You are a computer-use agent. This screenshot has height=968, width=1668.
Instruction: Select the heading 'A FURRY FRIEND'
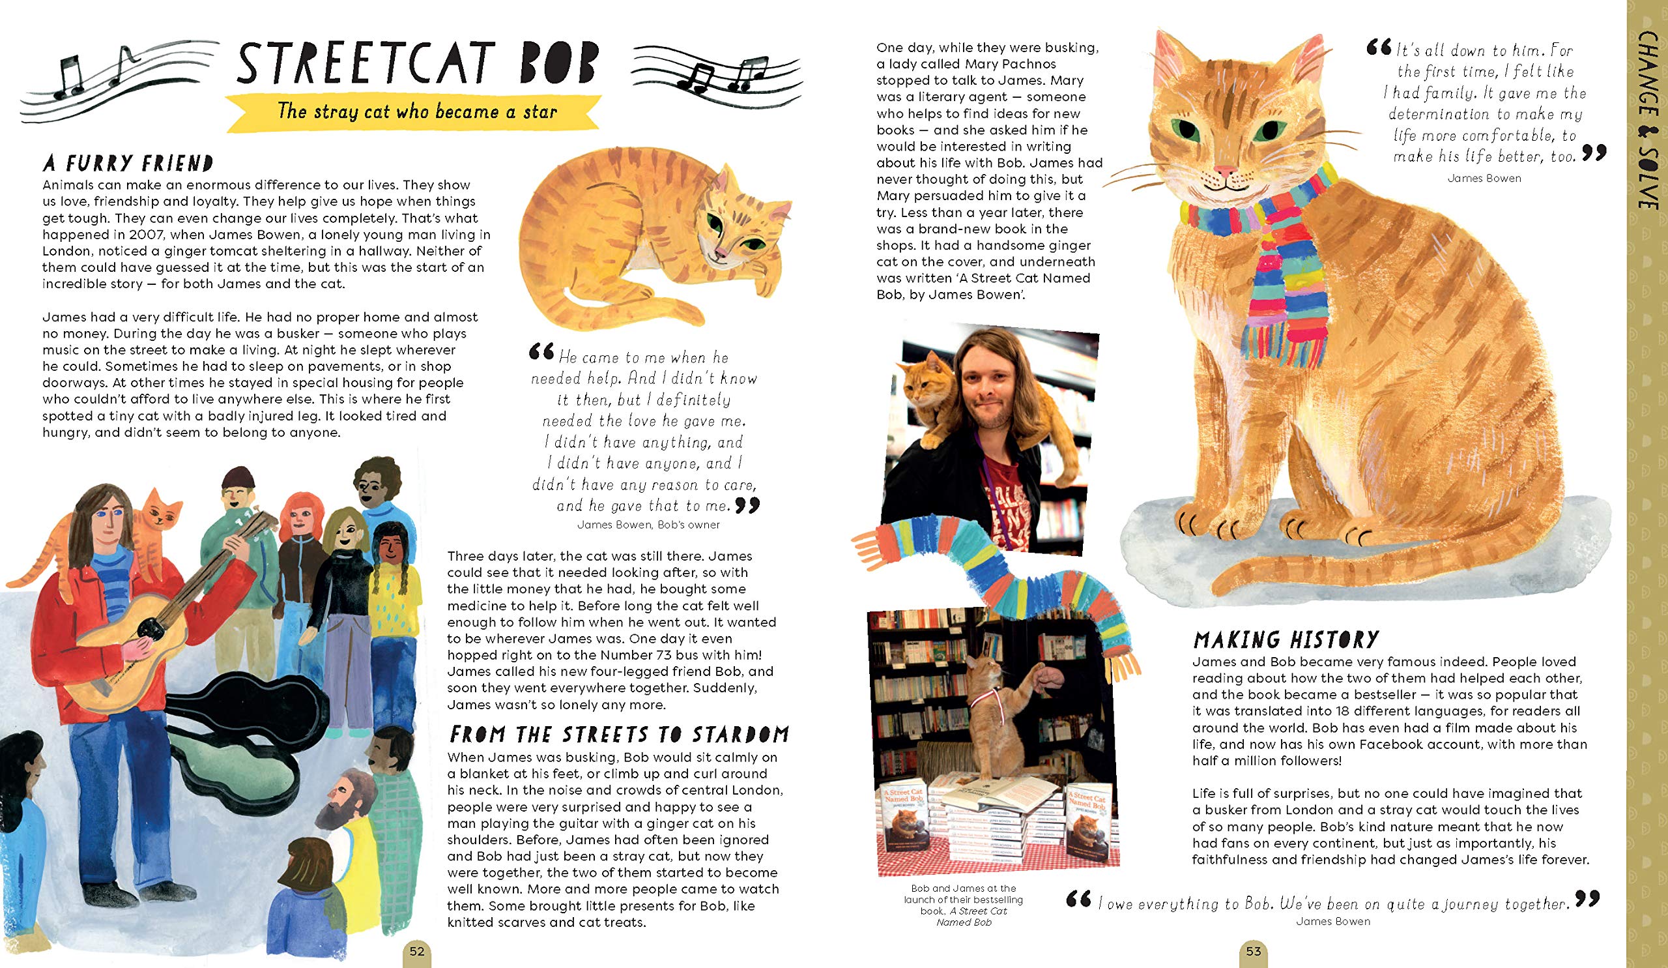click(128, 163)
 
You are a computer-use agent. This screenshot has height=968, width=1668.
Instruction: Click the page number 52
click(416, 952)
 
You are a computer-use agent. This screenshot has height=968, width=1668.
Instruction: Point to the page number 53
click(1254, 952)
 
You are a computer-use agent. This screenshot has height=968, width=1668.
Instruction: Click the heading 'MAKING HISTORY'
click(1286, 639)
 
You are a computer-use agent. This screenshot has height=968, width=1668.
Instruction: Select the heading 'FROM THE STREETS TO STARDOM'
click(618, 734)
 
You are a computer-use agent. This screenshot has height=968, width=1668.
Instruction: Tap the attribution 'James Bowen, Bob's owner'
click(648, 524)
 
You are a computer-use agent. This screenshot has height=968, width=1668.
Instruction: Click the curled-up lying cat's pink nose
click(721, 253)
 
